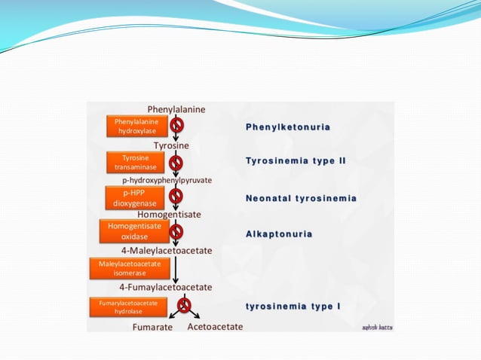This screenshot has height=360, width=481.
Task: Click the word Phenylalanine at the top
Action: (176, 109)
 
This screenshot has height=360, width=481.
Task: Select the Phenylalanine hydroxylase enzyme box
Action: (136, 126)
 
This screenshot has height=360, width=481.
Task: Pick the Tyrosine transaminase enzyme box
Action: (136, 162)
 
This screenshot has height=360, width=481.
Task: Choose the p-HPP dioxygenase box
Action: (135, 197)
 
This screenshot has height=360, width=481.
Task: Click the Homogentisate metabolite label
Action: (169, 214)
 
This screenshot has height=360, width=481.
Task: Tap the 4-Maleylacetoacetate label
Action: (166, 250)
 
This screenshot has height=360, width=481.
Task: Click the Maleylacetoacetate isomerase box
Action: (130, 268)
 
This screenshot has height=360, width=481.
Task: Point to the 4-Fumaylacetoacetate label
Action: (165, 287)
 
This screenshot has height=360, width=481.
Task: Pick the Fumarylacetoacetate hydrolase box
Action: (127, 306)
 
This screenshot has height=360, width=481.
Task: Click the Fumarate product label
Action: (152, 327)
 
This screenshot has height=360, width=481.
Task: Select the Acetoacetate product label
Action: (215, 327)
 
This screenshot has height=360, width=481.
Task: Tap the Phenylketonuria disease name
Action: (288, 127)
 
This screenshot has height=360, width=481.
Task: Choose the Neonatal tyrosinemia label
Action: (301, 198)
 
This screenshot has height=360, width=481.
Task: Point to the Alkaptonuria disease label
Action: (279, 234)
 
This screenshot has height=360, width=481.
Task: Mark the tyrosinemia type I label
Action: (293, 307)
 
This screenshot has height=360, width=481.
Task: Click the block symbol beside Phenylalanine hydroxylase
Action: (176, 125)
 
